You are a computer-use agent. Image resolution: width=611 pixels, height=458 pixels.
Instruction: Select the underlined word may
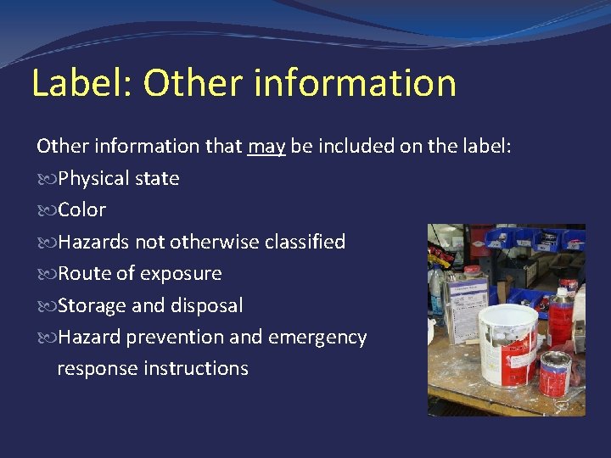tap(266, 146)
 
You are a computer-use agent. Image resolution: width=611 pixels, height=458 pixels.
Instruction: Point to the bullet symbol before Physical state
tap(45, 179)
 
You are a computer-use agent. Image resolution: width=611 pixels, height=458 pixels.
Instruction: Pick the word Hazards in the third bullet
tap(93, 242)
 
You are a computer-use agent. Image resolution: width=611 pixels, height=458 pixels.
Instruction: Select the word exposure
tap(181, 274)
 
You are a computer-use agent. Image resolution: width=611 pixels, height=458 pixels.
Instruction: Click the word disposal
tap(206, 305)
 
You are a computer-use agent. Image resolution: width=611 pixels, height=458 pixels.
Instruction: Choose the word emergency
tap(317, 338)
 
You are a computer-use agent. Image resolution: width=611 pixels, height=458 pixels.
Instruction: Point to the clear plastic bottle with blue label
tap(438, 288)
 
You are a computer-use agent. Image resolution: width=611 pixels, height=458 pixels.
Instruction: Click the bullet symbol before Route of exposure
tap(45, 274)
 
